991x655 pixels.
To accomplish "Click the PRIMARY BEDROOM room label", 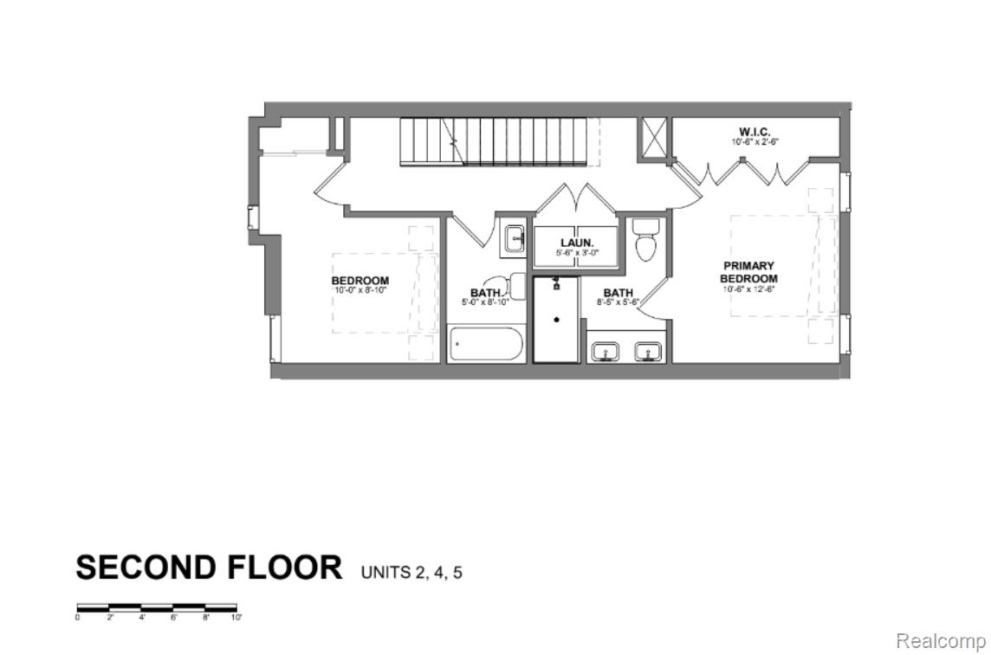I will pyautogui.click(x=749, y=272).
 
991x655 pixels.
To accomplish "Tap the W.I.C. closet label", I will pyautogui.click(x=750, y=132).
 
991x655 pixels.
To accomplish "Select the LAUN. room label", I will pyautogui.click(x=577, y=243).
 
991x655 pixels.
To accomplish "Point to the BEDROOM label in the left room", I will pyautogui.click(x=359, y=281).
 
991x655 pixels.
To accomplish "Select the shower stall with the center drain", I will pyautogui.click(x=557, y=319).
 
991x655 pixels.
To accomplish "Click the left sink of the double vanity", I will pyautogui.click(x=606, y=352).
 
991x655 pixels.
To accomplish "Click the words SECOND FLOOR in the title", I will pyautogui.click(x=209, y=567).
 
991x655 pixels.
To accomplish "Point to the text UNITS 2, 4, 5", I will pyautogui.click(x=411, y=572).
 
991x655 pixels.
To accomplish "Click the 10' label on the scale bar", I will pyautogui.click(x=236, y=618).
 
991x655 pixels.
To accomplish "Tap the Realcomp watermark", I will pyautogui.click(x=940, y=640).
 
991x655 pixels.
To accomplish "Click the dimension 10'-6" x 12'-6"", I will pyautogui.click(x=749, y=289).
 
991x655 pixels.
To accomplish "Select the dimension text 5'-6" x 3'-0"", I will pyautogui.click(x=577, y=253).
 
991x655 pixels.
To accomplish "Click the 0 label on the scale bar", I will pyautogui.click(x=78, y=618).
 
